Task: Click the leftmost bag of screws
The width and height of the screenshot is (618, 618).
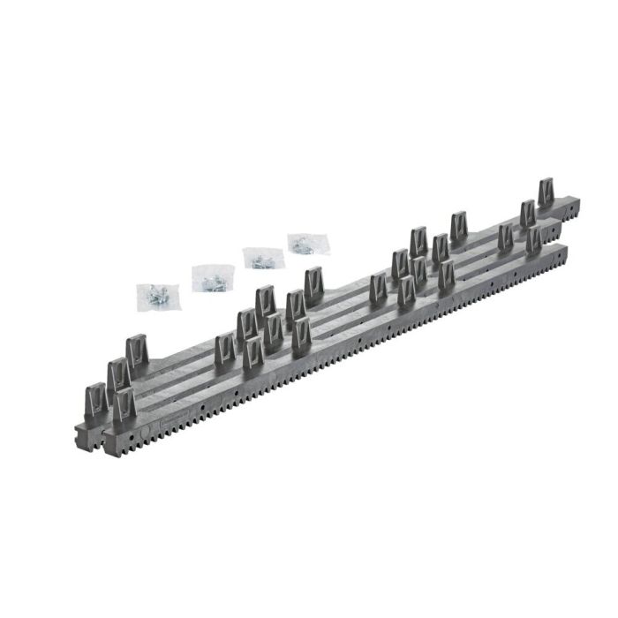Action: click(156, 296)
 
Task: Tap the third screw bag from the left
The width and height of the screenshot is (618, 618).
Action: click(260, 258)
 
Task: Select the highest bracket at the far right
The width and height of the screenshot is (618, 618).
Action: click(548, 193)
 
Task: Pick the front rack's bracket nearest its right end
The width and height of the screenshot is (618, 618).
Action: click(533, 241)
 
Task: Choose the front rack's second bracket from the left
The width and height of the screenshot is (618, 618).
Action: click(253, 356)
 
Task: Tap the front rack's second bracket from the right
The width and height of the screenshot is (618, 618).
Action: click(446, 276)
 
